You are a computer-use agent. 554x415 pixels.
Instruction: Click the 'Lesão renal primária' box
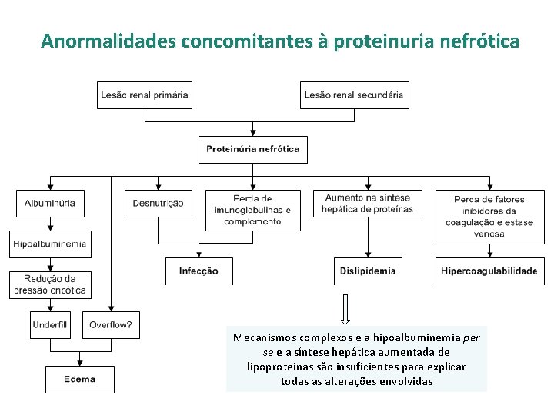144,95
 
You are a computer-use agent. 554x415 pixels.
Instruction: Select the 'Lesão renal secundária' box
354,95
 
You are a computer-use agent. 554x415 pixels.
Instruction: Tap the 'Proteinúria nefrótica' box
253,149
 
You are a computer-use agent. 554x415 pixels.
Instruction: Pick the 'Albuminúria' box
50,204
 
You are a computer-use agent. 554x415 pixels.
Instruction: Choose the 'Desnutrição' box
158,204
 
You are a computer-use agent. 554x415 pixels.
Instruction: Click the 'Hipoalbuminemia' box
50,244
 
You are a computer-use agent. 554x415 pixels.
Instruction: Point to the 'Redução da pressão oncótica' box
50,284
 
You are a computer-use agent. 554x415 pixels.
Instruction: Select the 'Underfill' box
50,325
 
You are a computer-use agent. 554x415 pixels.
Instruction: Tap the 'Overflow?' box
110,325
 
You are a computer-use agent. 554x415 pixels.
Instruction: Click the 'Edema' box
80,379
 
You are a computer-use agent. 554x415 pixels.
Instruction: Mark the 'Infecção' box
199,271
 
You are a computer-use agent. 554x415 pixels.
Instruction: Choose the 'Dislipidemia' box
368,271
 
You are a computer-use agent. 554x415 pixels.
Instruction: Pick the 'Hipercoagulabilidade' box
489,271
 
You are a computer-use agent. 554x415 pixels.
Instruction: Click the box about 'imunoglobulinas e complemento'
252,211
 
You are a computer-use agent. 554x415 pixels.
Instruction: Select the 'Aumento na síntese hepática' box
368,204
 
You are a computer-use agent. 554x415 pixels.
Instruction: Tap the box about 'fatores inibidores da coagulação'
489,217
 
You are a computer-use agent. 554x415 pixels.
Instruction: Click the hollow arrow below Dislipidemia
345,309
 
